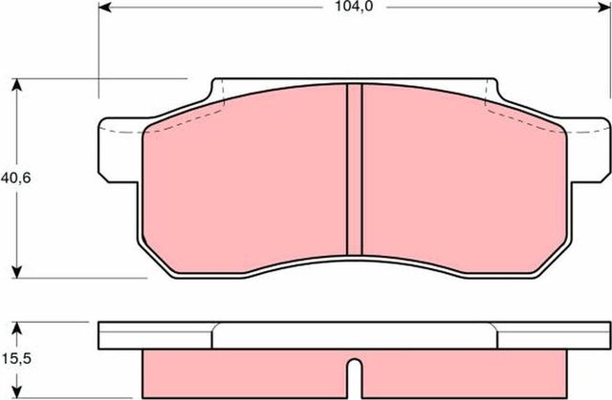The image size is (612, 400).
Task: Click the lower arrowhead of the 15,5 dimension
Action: [16, 391]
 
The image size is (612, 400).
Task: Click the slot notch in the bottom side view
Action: [354, 378]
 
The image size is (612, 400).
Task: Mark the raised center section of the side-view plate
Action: [354, 334]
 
